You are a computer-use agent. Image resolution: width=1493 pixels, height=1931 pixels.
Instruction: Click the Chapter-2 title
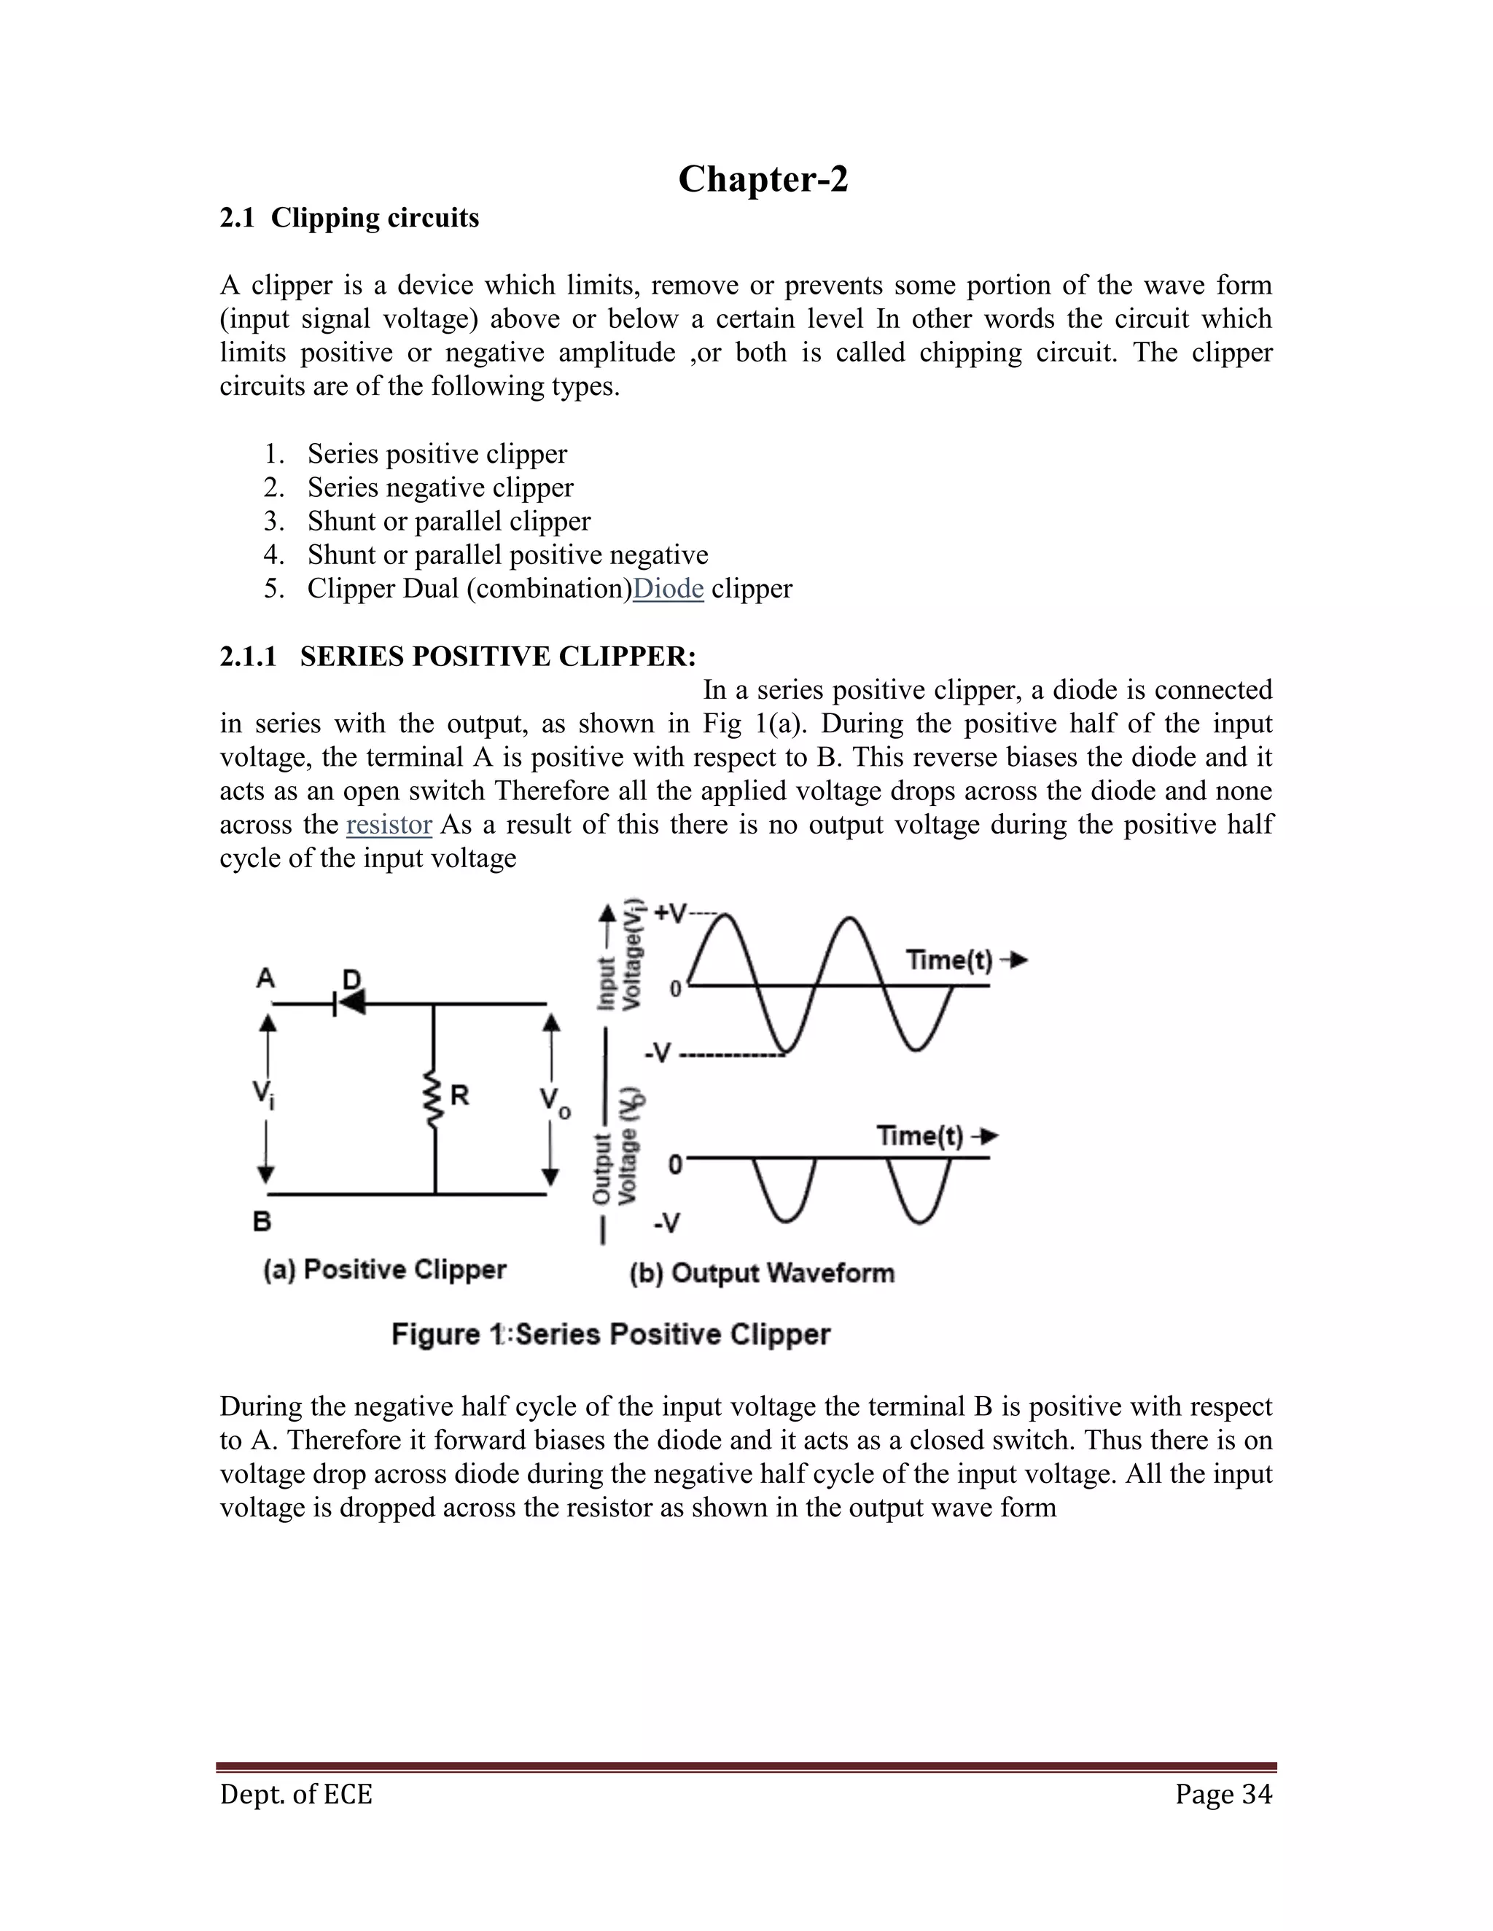click(x=763, y=179)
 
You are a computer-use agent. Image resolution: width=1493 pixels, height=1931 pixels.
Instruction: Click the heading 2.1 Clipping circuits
click(x=349, y=219)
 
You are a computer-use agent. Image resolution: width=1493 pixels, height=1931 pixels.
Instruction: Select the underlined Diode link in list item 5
click(x=668, y=589)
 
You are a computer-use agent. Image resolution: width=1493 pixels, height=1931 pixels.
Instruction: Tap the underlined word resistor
click(x=389, y=825)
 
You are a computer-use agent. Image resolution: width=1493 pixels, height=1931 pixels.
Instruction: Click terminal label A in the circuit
click(x=265, y=978)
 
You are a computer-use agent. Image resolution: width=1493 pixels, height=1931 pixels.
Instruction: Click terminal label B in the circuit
click(x=262, y=1222)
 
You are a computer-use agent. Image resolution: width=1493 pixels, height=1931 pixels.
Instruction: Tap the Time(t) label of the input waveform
click(x=950, y=960)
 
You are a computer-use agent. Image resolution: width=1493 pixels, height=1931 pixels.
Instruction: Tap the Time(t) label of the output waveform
click(x=920, y=1135)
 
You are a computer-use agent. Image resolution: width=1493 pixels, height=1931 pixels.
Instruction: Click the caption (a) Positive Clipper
click(x=385, y=1269)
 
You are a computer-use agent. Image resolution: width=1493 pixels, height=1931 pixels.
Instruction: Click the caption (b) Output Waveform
click(x=762, y=1273)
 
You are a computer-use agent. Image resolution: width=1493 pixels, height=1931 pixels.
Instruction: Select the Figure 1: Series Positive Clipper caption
click(x=610, y=1334)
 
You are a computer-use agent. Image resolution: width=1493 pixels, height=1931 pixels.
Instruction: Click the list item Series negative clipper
click(x=440, y=488)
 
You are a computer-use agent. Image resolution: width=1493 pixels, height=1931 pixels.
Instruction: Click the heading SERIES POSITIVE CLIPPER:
click(x=498, y=657)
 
